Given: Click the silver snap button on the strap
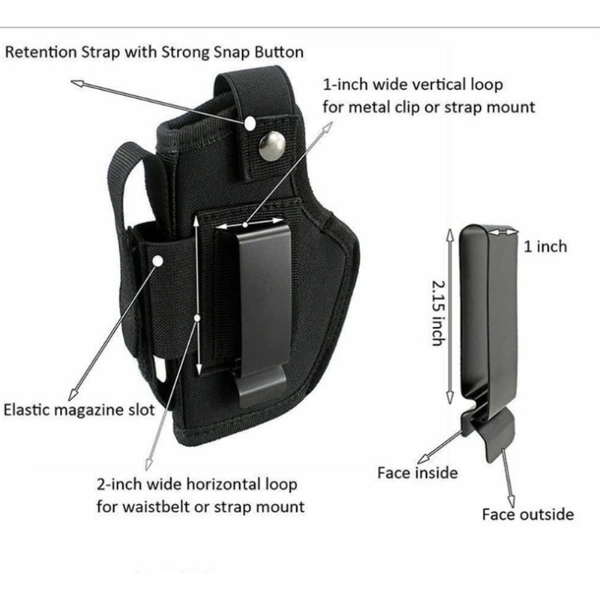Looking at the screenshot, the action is (271, 145).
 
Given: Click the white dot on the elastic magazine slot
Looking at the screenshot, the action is (159, 260).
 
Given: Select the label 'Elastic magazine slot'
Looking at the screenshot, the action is (79, 410).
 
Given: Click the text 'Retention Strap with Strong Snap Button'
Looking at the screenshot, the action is (154, 52).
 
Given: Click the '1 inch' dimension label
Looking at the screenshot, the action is (545, 246).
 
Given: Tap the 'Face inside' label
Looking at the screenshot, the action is (417, 472).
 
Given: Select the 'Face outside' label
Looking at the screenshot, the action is (527, 514).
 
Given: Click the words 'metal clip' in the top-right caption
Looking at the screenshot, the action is (381, 106).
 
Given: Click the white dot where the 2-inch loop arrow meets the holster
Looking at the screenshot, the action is (197, 319).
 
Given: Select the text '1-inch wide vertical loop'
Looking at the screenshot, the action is (412, 84).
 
